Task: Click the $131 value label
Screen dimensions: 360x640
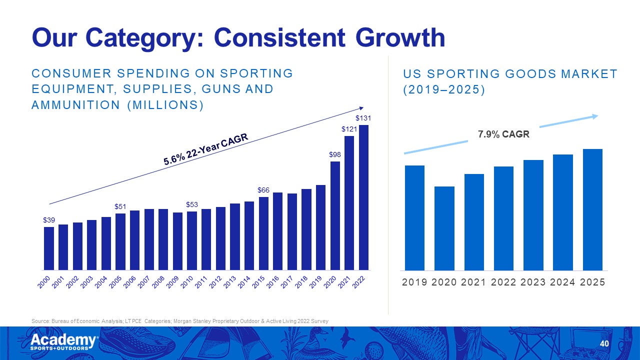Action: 363,118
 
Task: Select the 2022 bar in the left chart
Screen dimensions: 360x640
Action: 363,197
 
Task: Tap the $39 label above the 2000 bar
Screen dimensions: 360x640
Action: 49,220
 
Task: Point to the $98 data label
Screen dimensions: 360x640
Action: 335,155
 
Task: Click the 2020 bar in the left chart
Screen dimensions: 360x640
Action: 335,215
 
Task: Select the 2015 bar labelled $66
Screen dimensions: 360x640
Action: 263,233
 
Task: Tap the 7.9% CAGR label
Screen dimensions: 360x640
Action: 503,134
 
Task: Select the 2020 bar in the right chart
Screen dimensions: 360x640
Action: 444,228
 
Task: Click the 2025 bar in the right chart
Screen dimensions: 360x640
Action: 592,209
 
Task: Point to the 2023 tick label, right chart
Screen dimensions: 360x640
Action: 533,282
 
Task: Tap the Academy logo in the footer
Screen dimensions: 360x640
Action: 64,342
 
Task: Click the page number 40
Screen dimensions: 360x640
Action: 604,343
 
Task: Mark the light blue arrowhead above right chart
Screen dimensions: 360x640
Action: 595,116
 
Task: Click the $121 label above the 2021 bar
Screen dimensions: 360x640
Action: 349,129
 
